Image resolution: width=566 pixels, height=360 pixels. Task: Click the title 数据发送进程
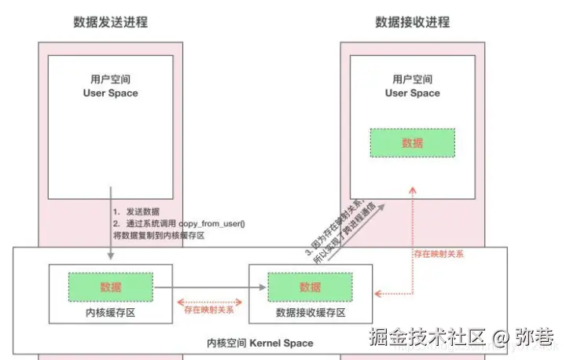coord(110,22)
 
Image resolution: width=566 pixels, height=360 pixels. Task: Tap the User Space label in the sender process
coord(110,93)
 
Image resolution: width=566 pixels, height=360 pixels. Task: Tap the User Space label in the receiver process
coord(413,93)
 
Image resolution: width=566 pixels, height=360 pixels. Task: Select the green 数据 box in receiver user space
coord(413,142)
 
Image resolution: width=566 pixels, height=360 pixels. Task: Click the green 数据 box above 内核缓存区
coord(111,287)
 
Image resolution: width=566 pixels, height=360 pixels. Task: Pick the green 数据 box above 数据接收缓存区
coord(310,287)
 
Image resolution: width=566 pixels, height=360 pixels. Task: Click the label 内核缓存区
coord(111,312)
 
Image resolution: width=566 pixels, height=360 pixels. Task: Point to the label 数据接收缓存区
coord(310,312)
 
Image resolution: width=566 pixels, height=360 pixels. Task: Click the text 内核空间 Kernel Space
coord(260,343)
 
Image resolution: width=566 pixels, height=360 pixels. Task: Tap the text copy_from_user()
coord(212,223)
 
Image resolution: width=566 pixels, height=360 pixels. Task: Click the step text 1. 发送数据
coord(137,211)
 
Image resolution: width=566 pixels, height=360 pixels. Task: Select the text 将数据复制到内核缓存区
coord(159,235)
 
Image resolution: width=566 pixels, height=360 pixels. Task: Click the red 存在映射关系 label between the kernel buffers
coord(208,310)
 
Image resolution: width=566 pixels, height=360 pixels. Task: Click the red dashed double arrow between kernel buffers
coord(208,299)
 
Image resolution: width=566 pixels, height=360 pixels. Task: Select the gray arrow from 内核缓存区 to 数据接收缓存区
coord(208,288)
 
